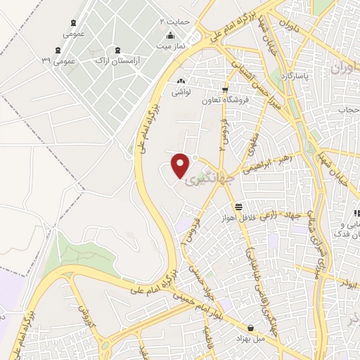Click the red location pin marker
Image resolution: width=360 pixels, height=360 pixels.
point(181,165)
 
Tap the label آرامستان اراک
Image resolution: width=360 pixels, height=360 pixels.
point(117,61)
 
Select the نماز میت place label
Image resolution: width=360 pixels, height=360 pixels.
point(169,46)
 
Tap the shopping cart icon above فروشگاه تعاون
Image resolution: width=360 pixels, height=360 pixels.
point(225,89)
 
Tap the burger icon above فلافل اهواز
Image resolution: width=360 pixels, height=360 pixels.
point(240,207)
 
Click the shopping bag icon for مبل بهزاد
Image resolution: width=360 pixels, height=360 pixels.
point(251,327)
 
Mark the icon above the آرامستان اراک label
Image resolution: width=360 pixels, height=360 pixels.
point(117,50)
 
